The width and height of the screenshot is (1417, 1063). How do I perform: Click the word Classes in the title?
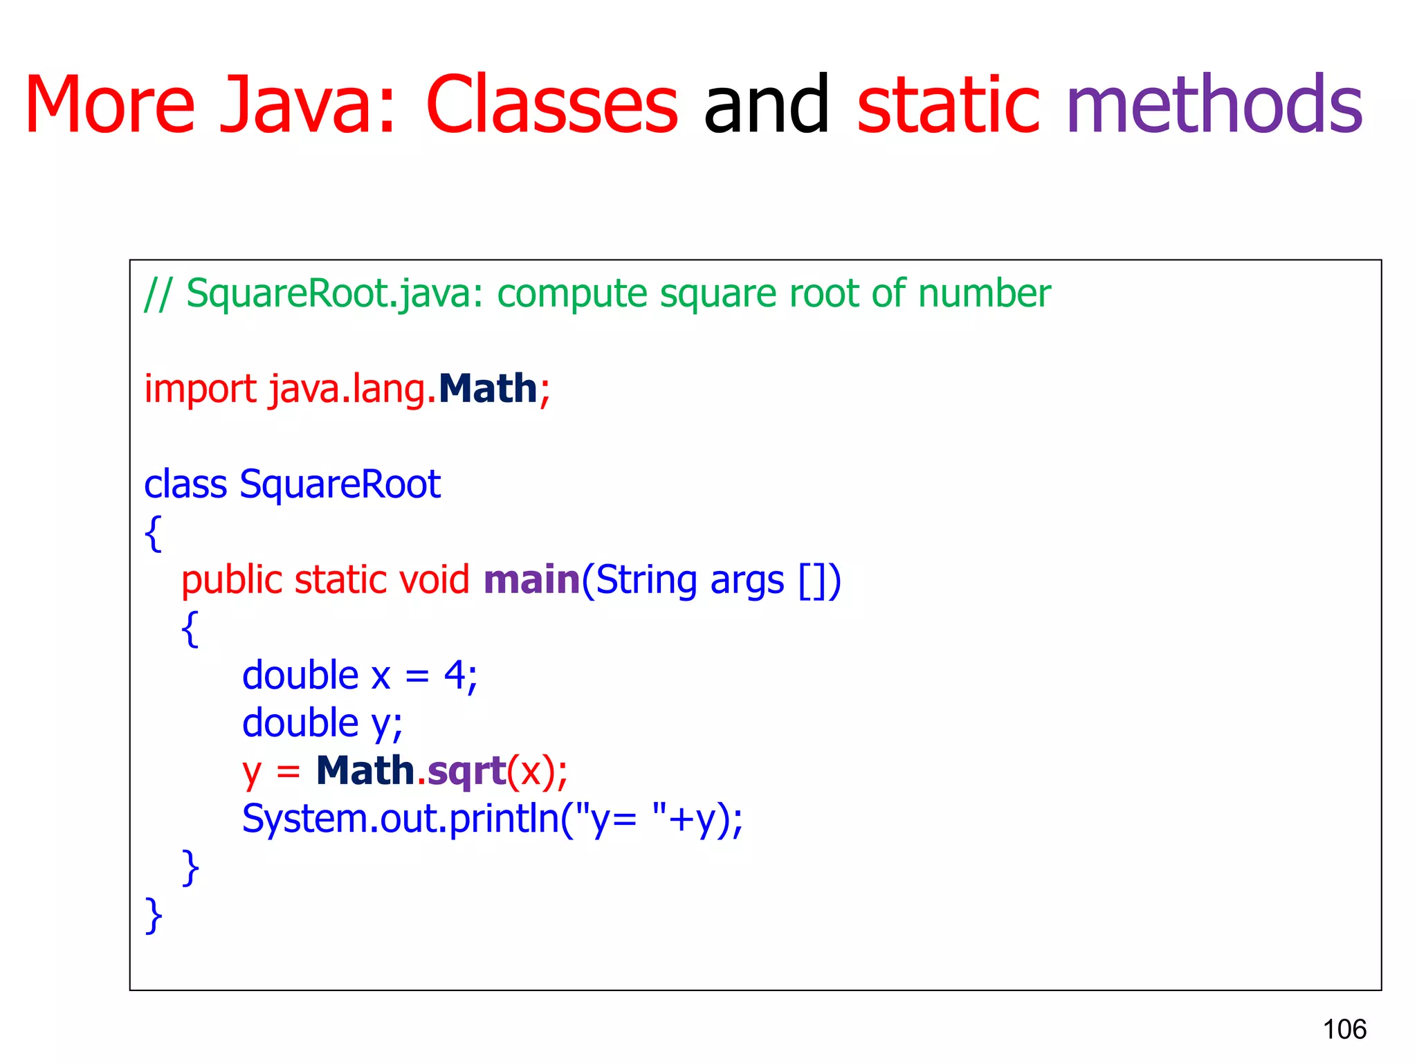[x=551, y=105]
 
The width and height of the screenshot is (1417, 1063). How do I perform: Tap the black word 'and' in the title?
[x=767, y=105]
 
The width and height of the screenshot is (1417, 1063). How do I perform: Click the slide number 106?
[x=1344, y=1029]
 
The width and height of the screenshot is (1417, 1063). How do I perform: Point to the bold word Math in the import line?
[x=488, y=388]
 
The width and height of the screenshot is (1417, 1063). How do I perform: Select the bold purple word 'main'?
[x=531, y=579]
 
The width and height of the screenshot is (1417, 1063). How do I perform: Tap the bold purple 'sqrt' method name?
[x=467, y=772]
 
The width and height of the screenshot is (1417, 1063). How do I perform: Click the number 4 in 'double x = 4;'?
[x=455, y=675]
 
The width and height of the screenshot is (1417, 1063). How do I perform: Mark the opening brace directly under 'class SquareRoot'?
[x=154, y=533]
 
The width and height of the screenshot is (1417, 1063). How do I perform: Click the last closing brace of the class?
[x=154, y=915]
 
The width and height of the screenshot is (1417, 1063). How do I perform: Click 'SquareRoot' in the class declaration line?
[x=340, y=484]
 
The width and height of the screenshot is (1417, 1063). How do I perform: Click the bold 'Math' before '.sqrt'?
[x=365, y=770]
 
